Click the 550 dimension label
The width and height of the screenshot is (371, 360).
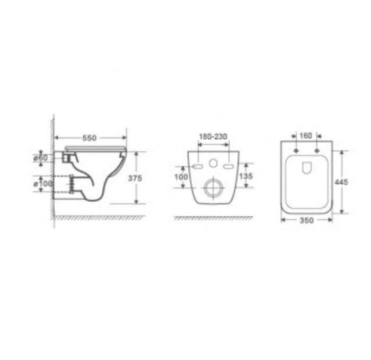coord(89,138)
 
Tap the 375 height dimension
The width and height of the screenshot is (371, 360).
coord(135,178)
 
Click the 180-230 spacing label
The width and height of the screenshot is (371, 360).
coord(213,137)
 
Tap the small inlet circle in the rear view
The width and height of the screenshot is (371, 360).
coord(213,164)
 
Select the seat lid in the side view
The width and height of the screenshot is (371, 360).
coord(95,147)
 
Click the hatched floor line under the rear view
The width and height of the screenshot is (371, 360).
coord(212,218)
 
